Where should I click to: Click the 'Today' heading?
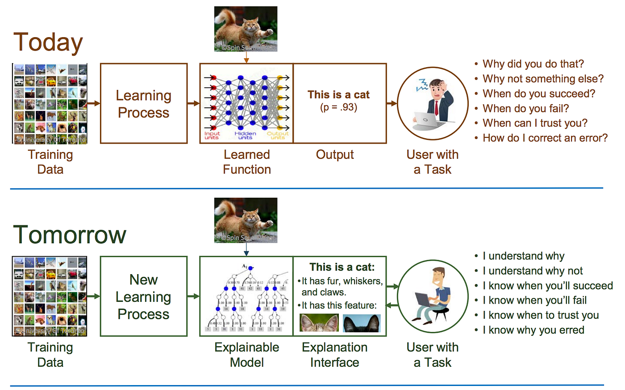[x=48, y=42]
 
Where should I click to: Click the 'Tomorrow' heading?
[x=70, y=235]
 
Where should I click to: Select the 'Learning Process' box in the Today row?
[x=143, y=104]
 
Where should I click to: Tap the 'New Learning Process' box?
[x=143, y=297]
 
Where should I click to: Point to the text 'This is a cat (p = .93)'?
[x=338, y=101]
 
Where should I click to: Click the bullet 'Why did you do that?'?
[x=533, y=64]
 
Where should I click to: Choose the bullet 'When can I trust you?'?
[x=535, y=123]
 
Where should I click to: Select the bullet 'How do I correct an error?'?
[x=545, y=138]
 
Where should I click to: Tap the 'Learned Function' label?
[x=247, y=162]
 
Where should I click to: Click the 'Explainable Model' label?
[x=247, y=355]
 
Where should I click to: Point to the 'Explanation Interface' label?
[x=335, y=355]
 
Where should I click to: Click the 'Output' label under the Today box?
[x=335, y=155]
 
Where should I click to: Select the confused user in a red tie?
[x=433, y=103]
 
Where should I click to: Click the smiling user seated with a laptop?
[x=433, y=296]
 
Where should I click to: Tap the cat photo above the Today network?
[x=246, y=29]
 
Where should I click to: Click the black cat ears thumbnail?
[x=362, y=323]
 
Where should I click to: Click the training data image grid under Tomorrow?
[x=50, y=296]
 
